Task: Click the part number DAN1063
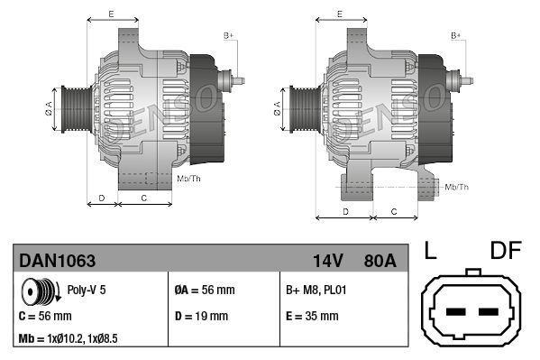[58, 262]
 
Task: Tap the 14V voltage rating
[328, 262]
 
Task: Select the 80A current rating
[379, 262]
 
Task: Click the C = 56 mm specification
[45, 317]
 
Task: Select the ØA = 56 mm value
[204, 291]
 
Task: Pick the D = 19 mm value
[200, 317]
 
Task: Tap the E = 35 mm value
[312, 317]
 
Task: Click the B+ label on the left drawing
[228, 35]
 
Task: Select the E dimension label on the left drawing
[110, 14]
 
